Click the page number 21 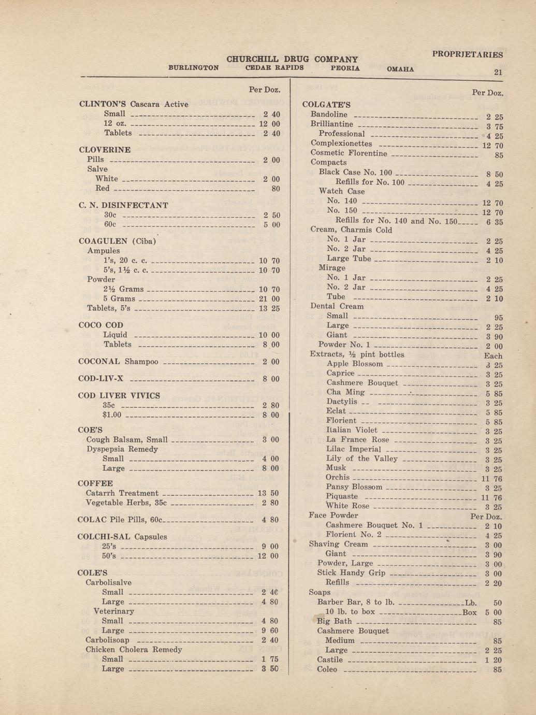(x=498, y=72)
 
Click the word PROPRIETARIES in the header (x=467, y=54)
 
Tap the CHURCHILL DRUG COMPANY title (x=292, y=59)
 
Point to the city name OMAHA (x=400, y=69)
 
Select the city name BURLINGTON (x=194, y=67)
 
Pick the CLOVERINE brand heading (x=105, y=150)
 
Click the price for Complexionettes (x=492, y=146)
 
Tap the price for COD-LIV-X (x=271, y=379)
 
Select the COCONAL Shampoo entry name (x=118, y=362)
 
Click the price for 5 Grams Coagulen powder (x=269, y=299)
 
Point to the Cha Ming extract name (x=345, y=392)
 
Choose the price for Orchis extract (x=491, y=479)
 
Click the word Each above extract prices (x=493, y=356)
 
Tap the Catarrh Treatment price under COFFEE (x=268, y=493)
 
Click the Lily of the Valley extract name (x=362, y=459)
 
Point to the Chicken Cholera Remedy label (x=134, y=650)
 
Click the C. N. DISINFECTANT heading (x=123, y=205)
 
